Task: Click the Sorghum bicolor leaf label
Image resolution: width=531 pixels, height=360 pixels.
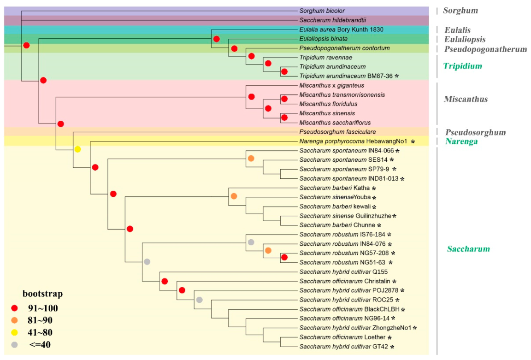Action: pos(322,11)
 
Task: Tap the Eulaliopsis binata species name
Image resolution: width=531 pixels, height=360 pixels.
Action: pos(323,39)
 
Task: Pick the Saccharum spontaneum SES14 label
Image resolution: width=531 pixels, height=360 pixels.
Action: pos(343,159)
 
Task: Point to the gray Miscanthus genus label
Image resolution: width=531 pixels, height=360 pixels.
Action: pos(465,99)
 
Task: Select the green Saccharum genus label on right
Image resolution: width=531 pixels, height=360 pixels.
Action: pos(468,249)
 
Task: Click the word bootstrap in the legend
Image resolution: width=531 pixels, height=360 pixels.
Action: pos(42,294)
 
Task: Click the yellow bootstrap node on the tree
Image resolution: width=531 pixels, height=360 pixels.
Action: pos(78,149)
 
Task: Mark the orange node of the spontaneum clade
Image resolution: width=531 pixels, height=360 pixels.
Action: pos(251,158)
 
